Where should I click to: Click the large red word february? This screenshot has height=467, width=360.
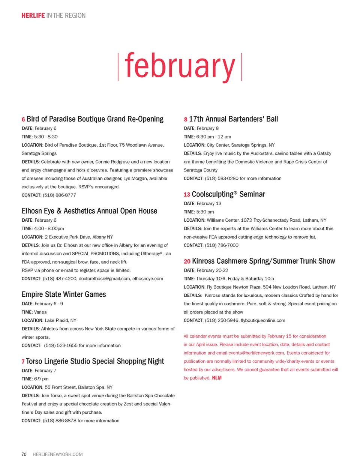pos(180,66)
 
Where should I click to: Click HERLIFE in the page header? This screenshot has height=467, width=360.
pos(33,15)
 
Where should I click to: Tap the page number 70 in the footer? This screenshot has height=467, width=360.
pos(24,454)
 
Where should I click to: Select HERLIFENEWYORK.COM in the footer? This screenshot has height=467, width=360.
pos(58,454)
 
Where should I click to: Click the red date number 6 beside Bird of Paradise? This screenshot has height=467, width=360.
pos(23,120)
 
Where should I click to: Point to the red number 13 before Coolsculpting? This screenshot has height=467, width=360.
pos(187,195)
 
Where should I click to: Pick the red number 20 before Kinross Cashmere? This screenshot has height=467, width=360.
pos(187,261)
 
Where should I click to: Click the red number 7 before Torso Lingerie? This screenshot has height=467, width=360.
pos(23,362)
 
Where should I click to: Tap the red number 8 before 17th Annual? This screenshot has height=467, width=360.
pos(186,120)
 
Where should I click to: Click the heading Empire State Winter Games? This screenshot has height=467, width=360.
pos(64,294)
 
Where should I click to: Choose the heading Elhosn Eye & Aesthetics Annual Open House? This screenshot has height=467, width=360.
pos(89,211)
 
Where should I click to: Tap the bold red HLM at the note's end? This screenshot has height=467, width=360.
pos(217,378)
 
